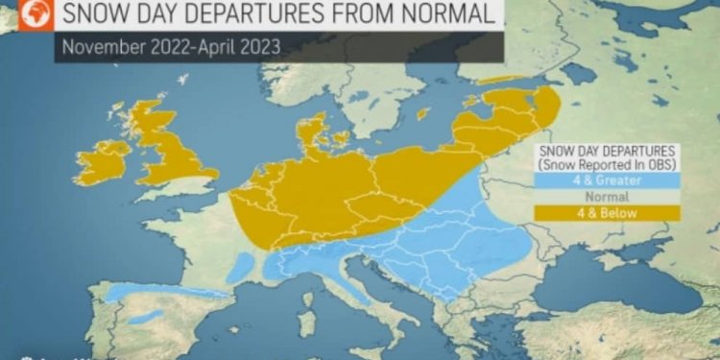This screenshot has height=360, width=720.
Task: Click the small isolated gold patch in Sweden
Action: (422, 113)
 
